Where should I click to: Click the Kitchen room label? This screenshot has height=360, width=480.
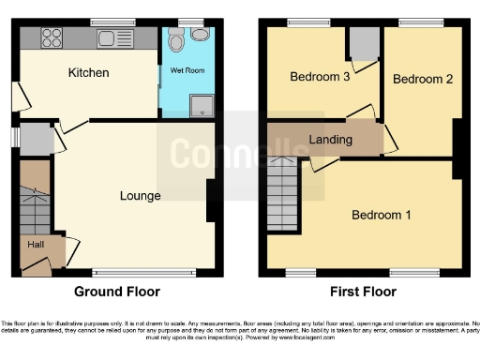[x=88, y=72]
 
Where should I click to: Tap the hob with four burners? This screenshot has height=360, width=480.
[x=51, y=38]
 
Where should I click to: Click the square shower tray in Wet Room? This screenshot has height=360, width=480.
[x=202, y=107]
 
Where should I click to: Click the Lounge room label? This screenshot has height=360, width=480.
[x=140, y=196]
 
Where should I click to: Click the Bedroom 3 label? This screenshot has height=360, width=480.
[x=320, y=77]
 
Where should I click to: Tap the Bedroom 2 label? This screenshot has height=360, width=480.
[x=422, y=79]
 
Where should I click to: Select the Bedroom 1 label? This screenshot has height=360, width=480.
[x=381, y=215]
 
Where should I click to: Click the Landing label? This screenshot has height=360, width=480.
[x=330, y=140]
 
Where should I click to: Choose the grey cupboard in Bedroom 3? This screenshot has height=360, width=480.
[x=363, y=43]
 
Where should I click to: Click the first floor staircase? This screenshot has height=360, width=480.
[x=282, y=195]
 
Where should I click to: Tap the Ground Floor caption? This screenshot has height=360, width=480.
[x=116, y=292]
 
